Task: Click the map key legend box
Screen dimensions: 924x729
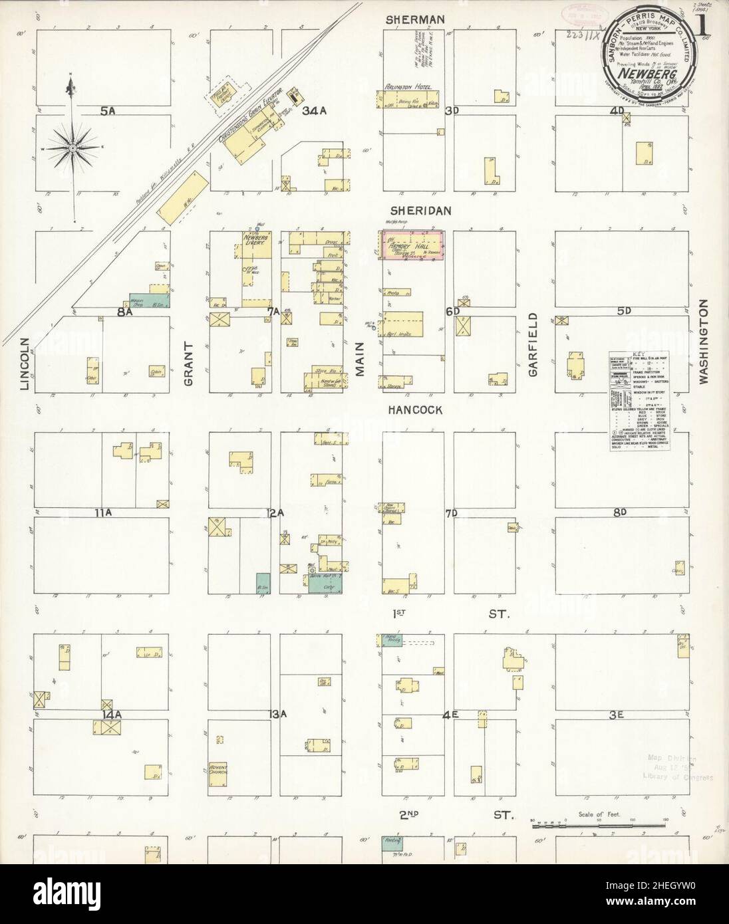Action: [x=639, y=403]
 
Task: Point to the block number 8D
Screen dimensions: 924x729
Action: [x=620, y=513]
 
